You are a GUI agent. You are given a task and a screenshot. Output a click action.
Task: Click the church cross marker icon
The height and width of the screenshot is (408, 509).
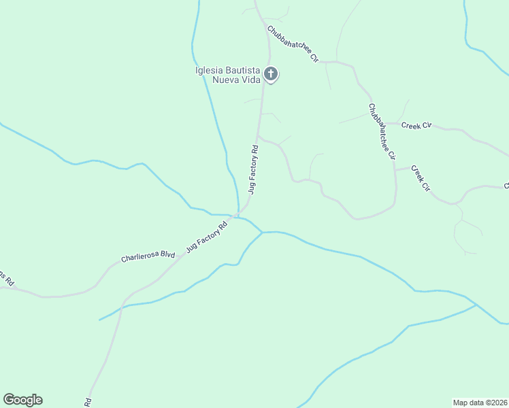pos(271,73)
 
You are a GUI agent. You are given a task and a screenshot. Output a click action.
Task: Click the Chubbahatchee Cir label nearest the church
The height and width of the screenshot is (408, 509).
pos(293,44)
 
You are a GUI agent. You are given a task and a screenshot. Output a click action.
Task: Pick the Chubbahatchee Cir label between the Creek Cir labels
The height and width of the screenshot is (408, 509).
pos(382,131)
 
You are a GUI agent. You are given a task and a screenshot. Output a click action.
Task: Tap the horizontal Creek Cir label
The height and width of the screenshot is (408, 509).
pos(416,125)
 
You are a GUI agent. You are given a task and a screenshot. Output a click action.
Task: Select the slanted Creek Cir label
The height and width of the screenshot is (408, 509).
pos(421,177)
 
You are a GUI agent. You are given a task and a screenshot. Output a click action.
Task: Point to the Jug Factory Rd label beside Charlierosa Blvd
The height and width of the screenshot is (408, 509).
pos(206,235)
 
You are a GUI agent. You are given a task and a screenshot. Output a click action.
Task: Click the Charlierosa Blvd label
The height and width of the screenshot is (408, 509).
pos(148,256)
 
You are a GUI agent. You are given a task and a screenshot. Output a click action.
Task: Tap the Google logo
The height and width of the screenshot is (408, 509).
pos(22,400)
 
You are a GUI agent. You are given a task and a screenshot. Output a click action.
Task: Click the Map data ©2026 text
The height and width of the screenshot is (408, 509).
pos(480,402)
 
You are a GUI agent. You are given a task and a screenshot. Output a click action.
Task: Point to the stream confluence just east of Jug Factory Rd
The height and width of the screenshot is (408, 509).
pos(263,233)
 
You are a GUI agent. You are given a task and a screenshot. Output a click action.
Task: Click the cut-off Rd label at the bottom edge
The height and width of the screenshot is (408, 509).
pos(88,402)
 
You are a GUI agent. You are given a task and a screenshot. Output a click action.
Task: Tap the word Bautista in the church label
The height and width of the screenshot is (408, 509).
pos(242,70)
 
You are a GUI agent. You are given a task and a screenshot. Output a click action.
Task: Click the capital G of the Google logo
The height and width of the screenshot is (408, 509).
pos(9,400)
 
